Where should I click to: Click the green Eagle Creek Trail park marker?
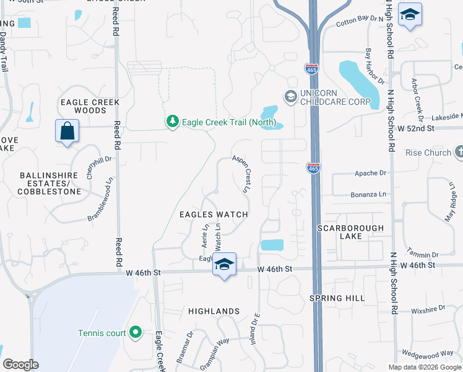[x=173, y=122]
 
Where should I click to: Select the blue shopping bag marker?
[x=67, y=131]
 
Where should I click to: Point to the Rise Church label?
[x=428, y=153]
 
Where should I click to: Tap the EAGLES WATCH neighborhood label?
[x=214, y=215]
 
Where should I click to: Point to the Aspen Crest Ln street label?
[x=242, y=174]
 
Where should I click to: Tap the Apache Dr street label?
[x=370, y=174]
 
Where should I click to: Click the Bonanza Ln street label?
[x=368, y=195]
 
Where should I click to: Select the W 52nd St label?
[x=416, y=128]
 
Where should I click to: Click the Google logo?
[x=20, y=365]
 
